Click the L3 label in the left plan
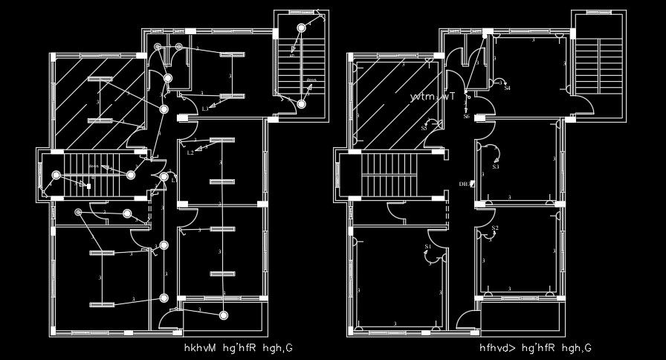pyautogui.click(x=205, y=109)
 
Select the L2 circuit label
pyautogui.click(x=190, y=152)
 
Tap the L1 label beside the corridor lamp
pyautogui.click(x=174, y=180)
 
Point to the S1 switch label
pyautogui.click(x=428, y=246)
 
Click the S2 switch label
pyautogui.click(x=495, y=228)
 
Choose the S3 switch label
pyautogui.click(x=495, y=167)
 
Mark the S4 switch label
pyautogui.click(x=507, y=88)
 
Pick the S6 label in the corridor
pyautogui.click(x=466, y=116)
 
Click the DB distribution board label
pyautogui.click(x=464, y=183)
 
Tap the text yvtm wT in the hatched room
pyautogui.click(x=433, y=97)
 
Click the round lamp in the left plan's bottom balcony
pyautogui.click(x=224, y=315)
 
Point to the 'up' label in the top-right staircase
pyautogui.click(x=292, y=56)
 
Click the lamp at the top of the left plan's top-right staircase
pyautogui.click(x=302, y=28)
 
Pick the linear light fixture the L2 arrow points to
pyautogui.click(x=222, y=141)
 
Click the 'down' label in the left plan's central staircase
pyautogui.click(x=94, y=165)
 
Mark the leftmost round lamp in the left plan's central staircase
pyautogui.click(x=56, y=176)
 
